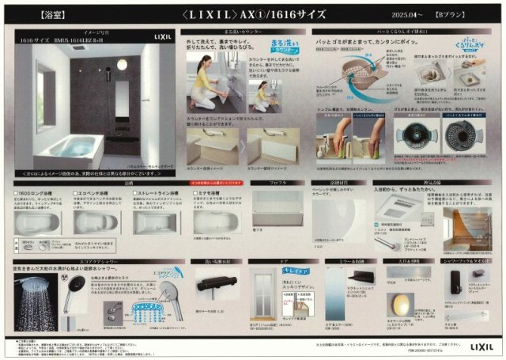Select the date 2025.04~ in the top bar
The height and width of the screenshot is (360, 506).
click(x=404, y=14)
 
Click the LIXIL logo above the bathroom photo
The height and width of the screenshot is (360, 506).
click(x=159, y=36)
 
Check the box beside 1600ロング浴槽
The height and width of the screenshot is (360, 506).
click(x=17, y=191)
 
